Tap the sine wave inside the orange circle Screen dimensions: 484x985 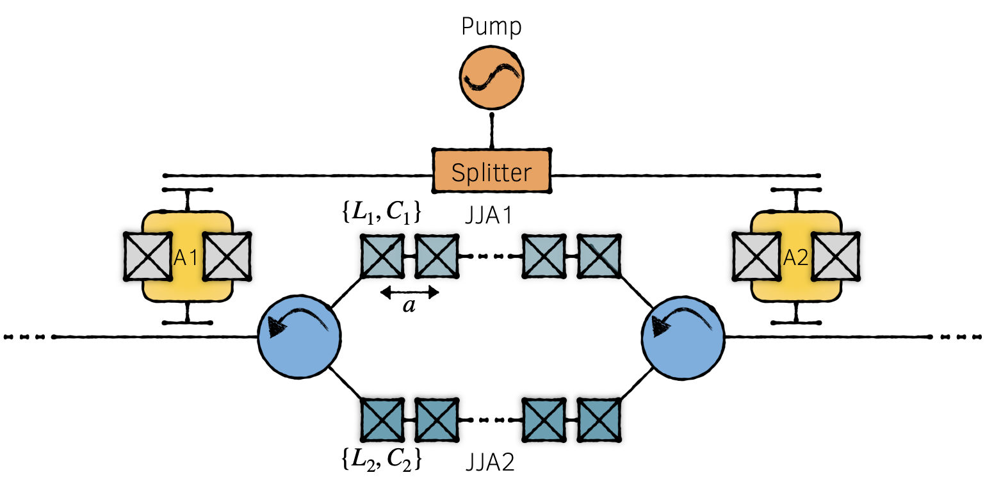(491, 78)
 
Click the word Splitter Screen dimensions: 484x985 (491, 172)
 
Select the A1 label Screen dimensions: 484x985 (186, 257)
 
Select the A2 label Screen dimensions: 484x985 (796, 257)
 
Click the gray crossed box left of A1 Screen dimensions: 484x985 (149, 256)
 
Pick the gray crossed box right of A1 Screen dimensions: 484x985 (225, 256)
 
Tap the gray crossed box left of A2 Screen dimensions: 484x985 (758, 257)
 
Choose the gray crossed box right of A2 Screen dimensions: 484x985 (834, 257)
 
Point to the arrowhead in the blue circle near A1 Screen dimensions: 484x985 (277, 328)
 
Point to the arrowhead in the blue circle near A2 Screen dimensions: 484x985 (660, 328)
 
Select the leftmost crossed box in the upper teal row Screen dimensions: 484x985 (382, 256)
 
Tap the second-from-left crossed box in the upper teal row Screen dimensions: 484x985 (437, 256)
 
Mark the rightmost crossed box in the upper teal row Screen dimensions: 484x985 (599, 256)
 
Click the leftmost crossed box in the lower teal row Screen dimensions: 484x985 (382, 420)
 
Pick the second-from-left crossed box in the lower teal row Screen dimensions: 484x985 (437, 420)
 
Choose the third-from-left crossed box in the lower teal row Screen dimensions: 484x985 (544, 420)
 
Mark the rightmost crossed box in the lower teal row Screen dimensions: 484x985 (599, 420)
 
